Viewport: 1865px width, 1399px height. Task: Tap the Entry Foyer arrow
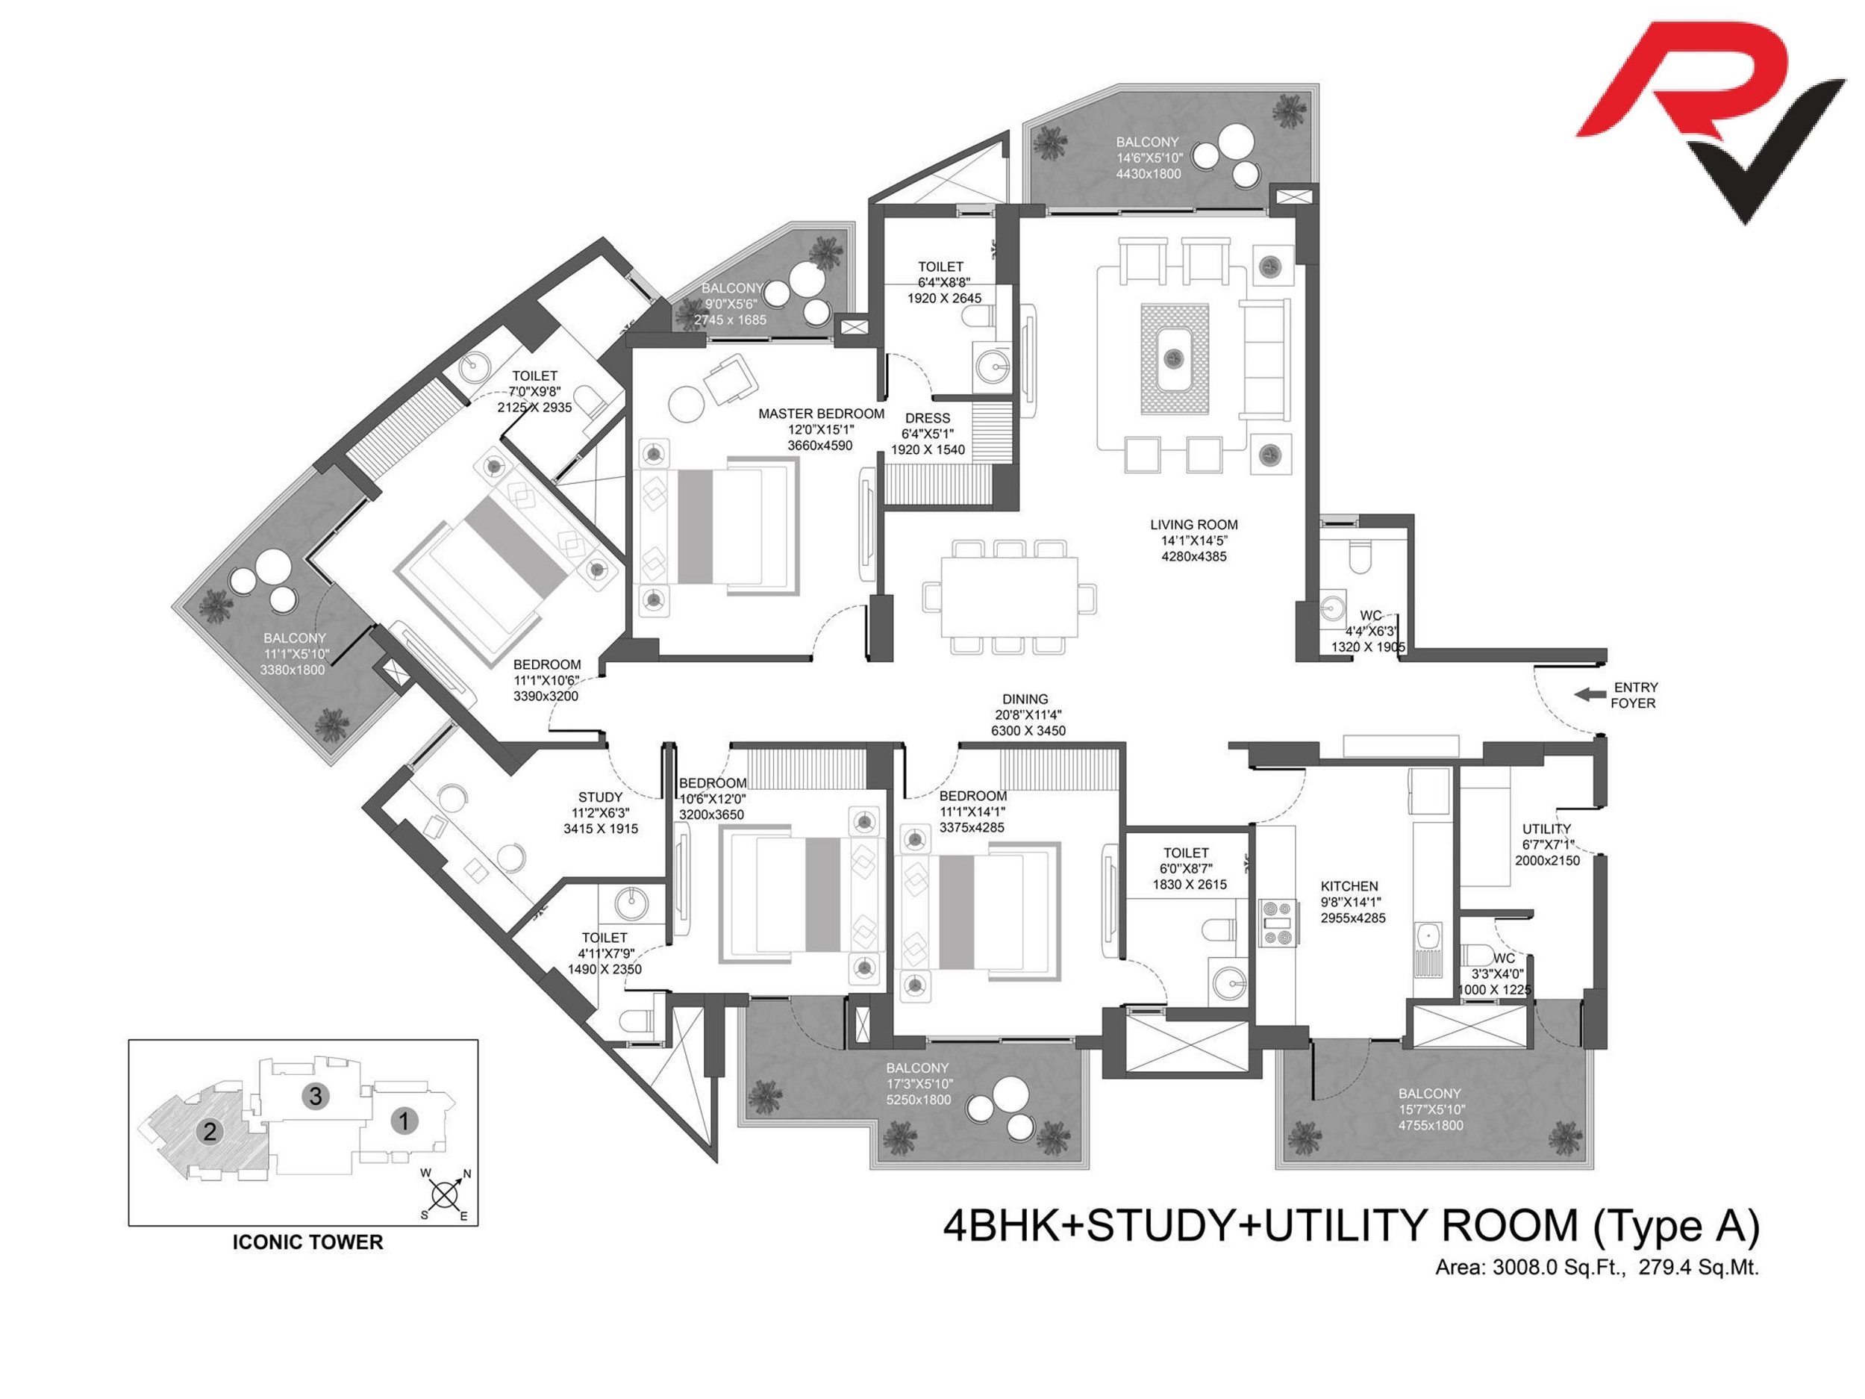1591,694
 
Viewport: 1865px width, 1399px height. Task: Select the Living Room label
1194,525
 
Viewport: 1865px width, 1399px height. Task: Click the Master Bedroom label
821,414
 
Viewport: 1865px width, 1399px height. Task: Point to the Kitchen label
1349,886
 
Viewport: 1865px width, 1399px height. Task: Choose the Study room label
600,797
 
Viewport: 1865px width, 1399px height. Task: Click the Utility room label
1546,829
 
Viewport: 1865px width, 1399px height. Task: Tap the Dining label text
1025,699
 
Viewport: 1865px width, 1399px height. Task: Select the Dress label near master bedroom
928,418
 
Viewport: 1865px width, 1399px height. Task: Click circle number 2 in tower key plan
209,1131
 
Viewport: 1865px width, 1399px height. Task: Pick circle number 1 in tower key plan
404,1121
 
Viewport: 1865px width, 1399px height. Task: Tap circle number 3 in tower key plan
316,1095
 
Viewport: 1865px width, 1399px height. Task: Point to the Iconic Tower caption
307,1242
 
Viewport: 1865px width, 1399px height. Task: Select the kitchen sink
1428,948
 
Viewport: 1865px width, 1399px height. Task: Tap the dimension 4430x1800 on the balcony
1149,174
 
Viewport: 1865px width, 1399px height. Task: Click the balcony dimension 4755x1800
1431,1125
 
